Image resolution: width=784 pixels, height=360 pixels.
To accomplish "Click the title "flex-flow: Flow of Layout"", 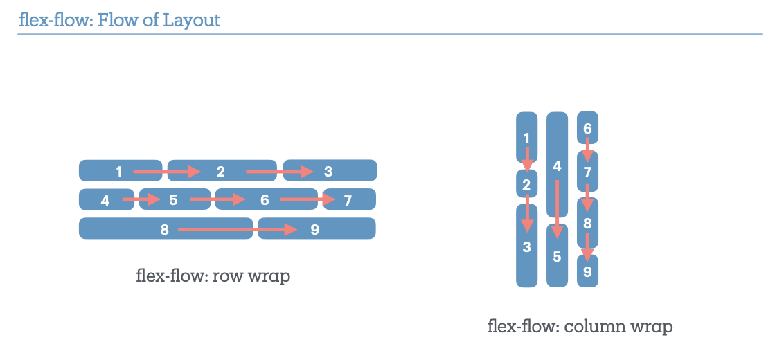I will pos(119,19).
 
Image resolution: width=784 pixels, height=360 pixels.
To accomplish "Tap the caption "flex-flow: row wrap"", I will pos(213,276).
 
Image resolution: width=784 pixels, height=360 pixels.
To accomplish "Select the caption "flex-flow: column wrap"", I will pos(580,325).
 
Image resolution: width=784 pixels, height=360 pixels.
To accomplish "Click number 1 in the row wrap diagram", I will pos(119,171).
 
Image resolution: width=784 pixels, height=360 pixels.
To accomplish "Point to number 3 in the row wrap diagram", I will pos(328,171).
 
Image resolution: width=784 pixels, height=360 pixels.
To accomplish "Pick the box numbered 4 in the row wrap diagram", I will pos(105,201).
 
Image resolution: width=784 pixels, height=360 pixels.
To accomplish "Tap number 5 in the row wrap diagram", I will pos(173,201).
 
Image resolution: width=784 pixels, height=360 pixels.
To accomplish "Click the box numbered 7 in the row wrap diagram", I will pos(348,201).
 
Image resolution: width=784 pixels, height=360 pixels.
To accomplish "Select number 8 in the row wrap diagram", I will pos(165,229).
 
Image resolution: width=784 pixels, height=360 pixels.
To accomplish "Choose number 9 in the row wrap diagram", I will pos(314,229).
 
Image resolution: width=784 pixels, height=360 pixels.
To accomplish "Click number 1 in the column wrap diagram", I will pos(526,138).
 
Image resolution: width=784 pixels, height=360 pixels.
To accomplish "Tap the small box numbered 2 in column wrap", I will pos(526,185).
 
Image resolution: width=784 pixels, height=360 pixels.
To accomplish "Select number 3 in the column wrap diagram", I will pos(526,246).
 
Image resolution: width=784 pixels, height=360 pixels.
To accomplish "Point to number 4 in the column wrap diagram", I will pos(557,166).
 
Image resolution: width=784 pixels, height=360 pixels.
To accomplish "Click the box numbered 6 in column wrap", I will pos(587,128).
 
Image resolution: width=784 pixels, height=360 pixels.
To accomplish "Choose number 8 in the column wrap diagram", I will pos(587,223).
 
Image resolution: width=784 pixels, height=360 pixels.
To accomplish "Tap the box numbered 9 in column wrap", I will pos(587,272).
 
